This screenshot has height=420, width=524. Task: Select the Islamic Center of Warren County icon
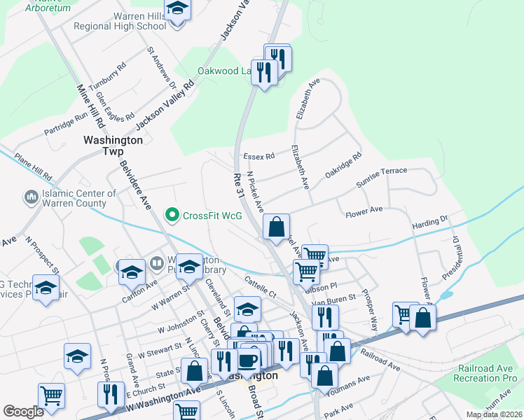click(x=30, y=198)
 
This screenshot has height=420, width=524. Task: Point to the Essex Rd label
click(x=258, y=157)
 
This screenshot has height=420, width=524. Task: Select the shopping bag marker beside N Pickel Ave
click(x=277, y=226)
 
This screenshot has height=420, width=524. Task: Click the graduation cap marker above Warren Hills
click(x=177, y=9)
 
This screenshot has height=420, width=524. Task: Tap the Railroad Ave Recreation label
click(x=486, y=373)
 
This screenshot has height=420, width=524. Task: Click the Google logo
click(x=23, y=412)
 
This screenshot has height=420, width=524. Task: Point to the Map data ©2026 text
click(x=493, y=414)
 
